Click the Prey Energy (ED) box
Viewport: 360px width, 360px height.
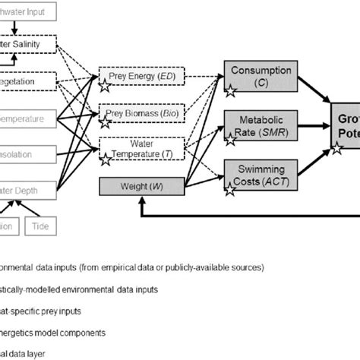(132, 77)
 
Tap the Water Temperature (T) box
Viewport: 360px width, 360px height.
(132, 149)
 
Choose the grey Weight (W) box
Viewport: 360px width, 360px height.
(132, 184)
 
